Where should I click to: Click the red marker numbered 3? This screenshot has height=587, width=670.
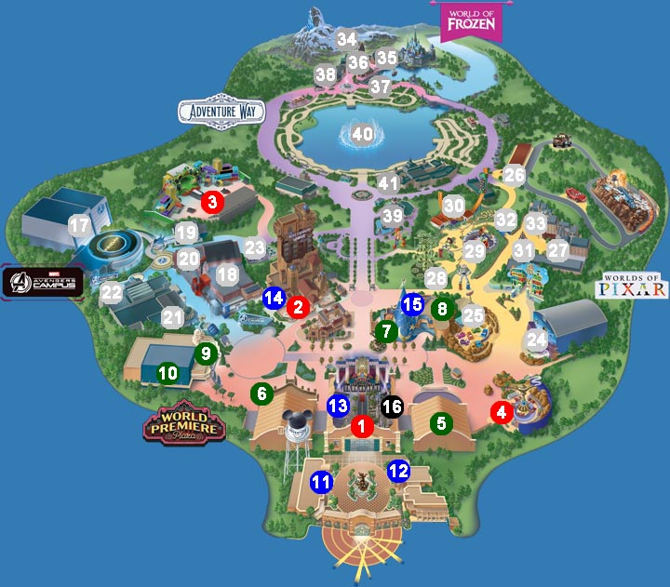tap(212, 201)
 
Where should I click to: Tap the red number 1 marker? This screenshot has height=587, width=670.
tap(362, 426)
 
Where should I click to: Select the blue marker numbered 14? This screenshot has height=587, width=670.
tap(274, 299)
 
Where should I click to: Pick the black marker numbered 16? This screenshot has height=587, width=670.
tap(392, 406)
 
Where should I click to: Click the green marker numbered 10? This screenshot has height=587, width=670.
tap(167, 373)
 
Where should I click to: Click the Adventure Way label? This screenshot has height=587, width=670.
tap(221, 112)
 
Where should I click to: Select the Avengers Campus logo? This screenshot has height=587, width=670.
tap(43, 281)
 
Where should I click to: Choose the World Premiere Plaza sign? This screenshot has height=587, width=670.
tap(184, 423)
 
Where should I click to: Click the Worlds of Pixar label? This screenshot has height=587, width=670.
tap(635, 285)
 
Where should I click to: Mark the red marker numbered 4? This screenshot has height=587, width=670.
tap(502, 412)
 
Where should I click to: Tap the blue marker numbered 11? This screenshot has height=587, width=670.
tap(322, 482)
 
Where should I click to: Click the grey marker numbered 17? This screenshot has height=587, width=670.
tap(79, 225)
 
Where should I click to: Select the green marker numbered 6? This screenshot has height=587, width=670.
tap(261, 394)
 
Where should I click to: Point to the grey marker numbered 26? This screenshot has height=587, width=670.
tap(515, 175)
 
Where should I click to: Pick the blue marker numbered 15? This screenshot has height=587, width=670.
tap(412, 302)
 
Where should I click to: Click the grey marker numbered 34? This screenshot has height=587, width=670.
tap(347, 40)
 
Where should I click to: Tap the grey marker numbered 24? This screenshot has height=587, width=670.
tap(536, 340)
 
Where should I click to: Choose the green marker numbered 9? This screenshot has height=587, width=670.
tap(207, 354)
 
